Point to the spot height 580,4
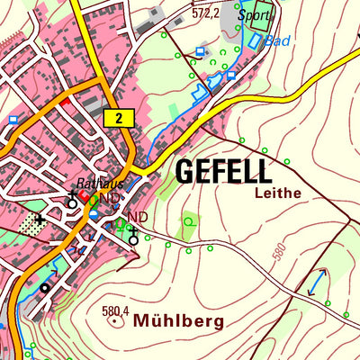click(x=116, y=313)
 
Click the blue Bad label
click(x=277, y=41)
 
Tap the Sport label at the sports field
click(x=254, y=15)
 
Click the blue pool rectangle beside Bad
click(x=257, y=40)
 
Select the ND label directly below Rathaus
click(x=110, y=198)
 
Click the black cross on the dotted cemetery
click(x=40, y=219)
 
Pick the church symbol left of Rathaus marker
click(x=72, y=200)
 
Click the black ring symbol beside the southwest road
click(x=44, y=288)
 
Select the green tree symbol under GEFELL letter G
click(x=189, y=220)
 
